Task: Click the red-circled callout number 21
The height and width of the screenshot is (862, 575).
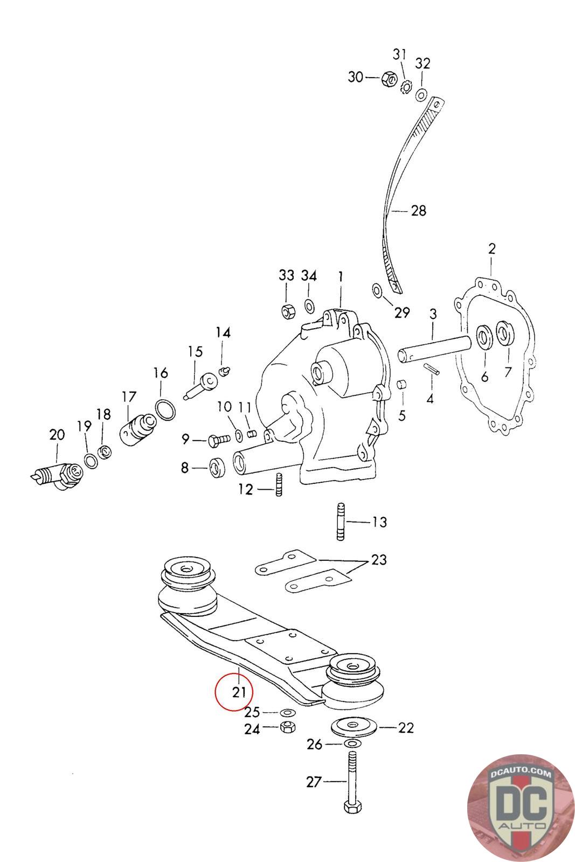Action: (x=239, y=692)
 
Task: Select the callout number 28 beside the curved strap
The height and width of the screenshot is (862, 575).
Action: (x=418, y=211)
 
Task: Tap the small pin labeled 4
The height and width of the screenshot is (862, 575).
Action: (x=432, y=370)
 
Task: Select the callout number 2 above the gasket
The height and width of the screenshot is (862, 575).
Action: (x=491, y=249)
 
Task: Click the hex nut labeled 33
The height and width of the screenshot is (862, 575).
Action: (x=287, y=311)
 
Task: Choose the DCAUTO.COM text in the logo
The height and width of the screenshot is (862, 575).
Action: (x=521, y=773)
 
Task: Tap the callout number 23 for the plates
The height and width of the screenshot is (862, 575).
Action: (x=379, y=560)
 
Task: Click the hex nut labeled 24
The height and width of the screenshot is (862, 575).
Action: (x=287, y=728)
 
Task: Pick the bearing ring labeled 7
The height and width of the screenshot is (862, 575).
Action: (x=505, y=333)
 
